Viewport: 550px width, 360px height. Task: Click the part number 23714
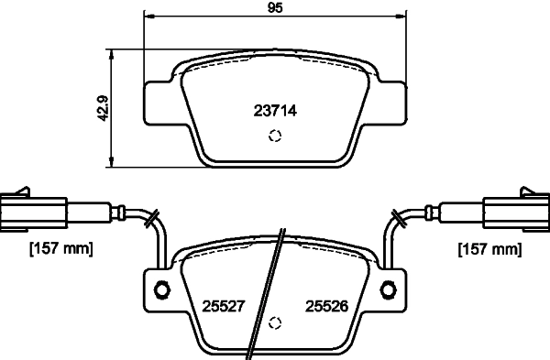[275, 111]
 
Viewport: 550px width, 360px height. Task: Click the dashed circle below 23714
[274, 137]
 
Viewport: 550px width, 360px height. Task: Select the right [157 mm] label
[488, 248]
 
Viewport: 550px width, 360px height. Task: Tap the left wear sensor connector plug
[35, 210]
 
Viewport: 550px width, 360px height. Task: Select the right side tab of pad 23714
[389, 104]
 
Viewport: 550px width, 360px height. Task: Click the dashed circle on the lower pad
[274, 323]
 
